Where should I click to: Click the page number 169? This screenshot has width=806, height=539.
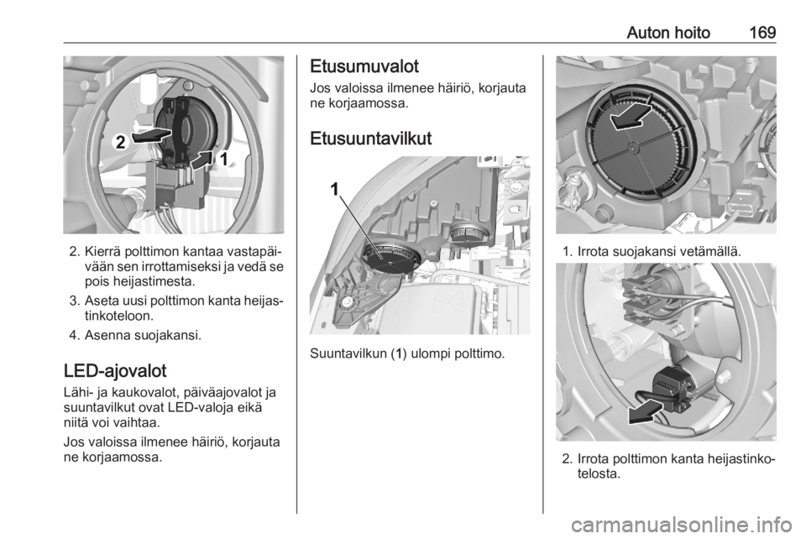(762, 33)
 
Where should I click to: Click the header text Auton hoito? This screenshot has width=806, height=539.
(668, 33)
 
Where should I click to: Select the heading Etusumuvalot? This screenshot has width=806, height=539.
(364, 67)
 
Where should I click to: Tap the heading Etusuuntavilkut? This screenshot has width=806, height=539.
(370, 139)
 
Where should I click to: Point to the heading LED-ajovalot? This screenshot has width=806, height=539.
(115, 371)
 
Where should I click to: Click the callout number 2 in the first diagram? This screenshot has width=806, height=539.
(120, 142)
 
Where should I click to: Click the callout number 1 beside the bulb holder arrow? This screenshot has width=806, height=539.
(223, 160)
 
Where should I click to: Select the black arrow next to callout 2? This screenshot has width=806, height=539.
(151, 136)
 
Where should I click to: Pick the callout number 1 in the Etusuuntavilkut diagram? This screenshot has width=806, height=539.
(335, 190)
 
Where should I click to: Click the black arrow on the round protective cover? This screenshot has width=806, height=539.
(631, 114)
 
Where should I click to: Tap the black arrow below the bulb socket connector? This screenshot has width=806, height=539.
(646, 412)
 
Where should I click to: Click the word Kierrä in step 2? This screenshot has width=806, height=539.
(100, 252)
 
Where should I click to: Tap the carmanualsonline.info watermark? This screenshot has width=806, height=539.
(686, 525)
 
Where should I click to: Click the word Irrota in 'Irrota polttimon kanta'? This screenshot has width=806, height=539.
(594, 459)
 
